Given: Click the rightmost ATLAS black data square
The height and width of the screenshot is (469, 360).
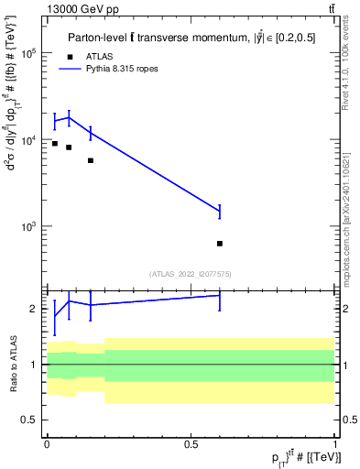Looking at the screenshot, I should (x=220, y=244).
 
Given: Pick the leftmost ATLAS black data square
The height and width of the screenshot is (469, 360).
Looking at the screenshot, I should (x=55, y=144).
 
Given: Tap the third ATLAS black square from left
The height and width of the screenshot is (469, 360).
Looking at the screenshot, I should (x=91, y=160).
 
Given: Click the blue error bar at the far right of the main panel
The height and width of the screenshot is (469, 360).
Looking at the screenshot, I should (x=220, y=212).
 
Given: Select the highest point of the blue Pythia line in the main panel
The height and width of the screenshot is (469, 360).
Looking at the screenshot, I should (x=69, y=117).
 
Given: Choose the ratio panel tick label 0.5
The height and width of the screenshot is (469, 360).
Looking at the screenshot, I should (x=30, y=420).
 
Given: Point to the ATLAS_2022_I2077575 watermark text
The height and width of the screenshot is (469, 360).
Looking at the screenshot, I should (x=191, y=273).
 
